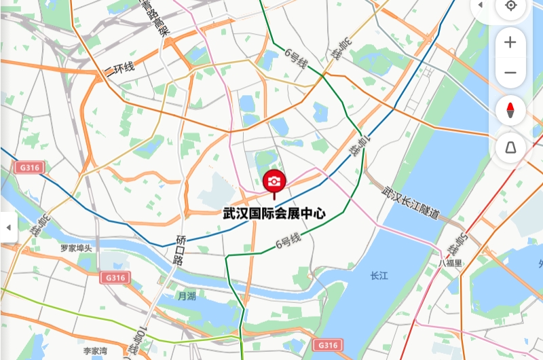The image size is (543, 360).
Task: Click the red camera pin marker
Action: pos(274,181)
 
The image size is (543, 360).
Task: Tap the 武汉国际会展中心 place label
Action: pos(274,213)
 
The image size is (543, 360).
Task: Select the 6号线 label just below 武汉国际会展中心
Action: pos(288,241)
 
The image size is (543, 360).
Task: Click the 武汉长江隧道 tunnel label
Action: pos(411,203)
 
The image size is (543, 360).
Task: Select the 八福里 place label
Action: pos(450,263)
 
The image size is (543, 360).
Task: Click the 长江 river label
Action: pos(379,276)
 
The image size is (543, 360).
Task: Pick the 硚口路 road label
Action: pos(180,250)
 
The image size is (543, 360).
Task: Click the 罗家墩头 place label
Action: pos(75,249)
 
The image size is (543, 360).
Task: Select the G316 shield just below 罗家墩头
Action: pos(114,278)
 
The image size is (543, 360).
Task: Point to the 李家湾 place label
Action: pos(95,351)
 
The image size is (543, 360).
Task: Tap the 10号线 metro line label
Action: pos(141,342)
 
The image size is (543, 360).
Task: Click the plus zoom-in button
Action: pos(510,42)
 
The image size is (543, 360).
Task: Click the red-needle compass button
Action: pos(510,110)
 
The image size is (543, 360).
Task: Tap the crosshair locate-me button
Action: pos(510,6)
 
